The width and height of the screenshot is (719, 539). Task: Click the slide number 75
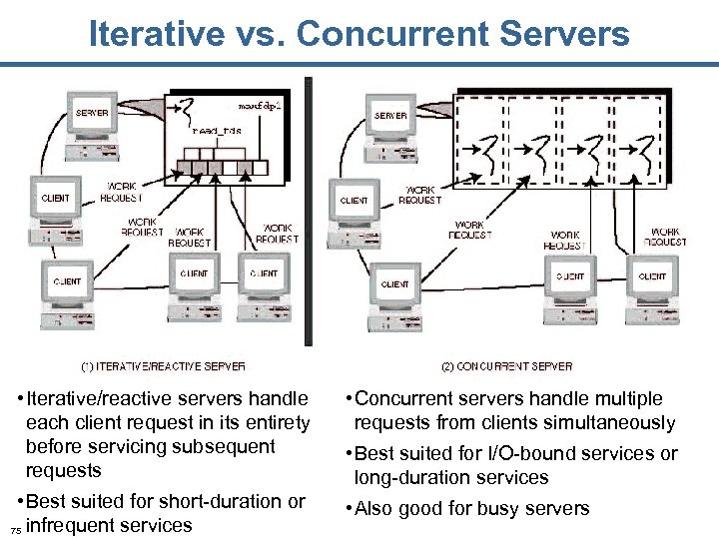pos(13,529)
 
